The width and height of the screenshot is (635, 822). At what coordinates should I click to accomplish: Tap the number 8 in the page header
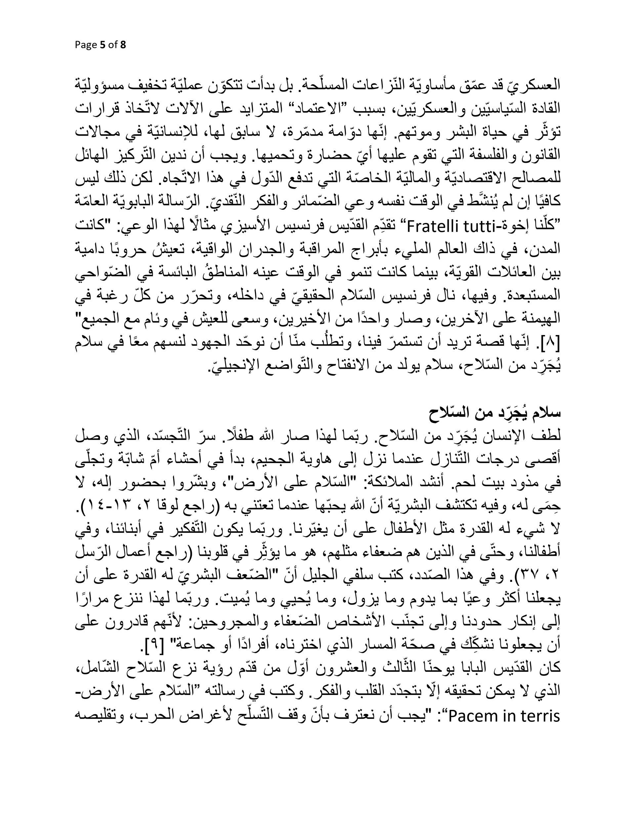coord(123,45)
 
